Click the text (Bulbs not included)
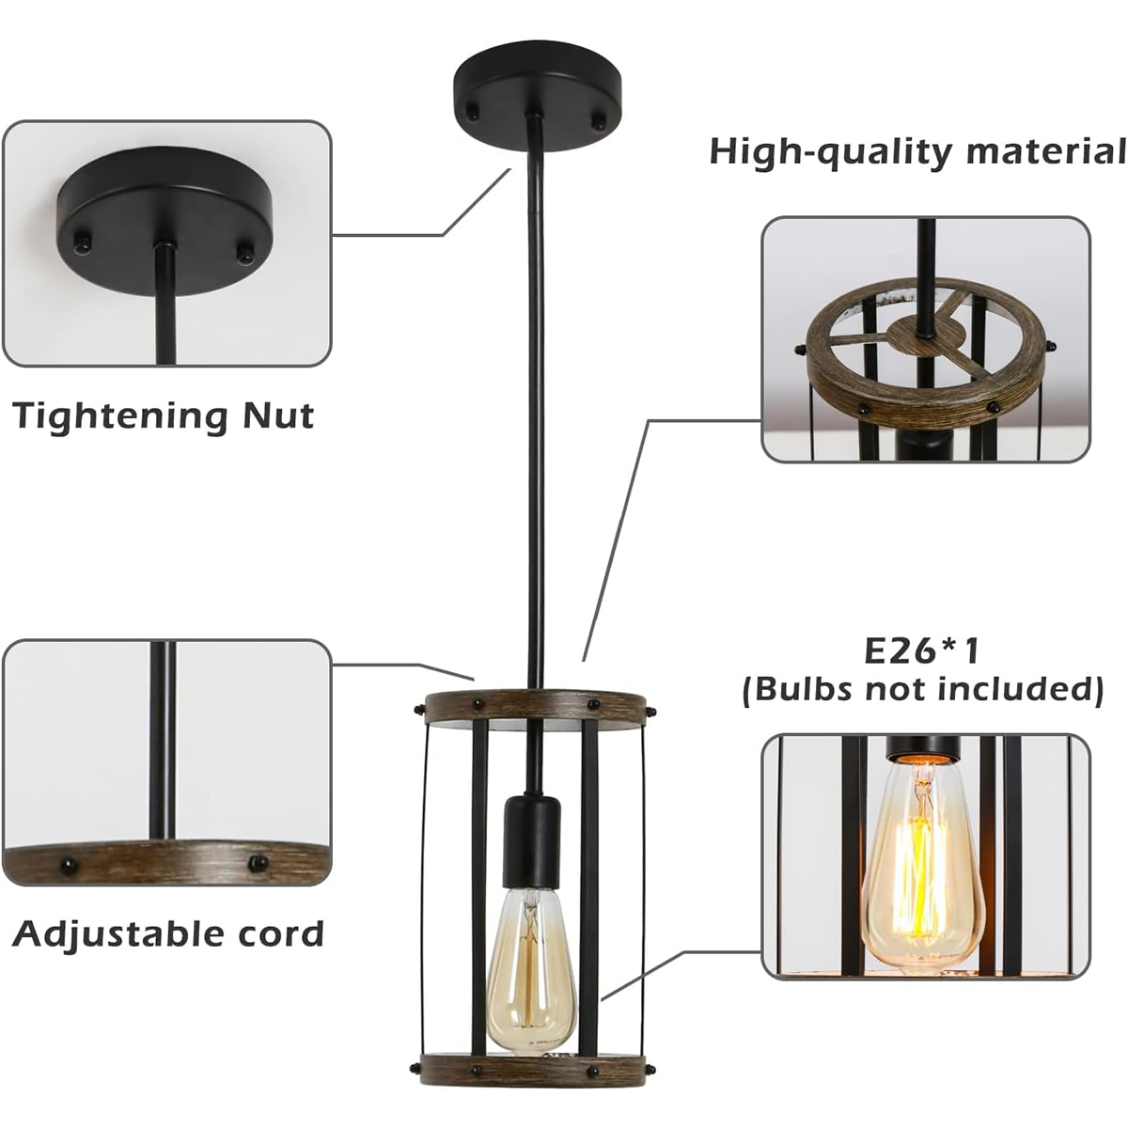click(x=923, y=690)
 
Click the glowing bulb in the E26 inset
click(x=921, y=874)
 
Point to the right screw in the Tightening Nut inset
click(x=245, y=251)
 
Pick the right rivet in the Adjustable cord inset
click(x=256, y=862)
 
